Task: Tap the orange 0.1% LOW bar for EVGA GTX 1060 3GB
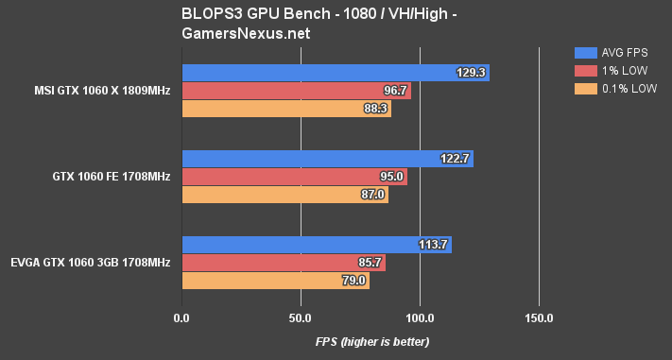tap(274, 281)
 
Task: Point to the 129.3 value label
tap(470, 73)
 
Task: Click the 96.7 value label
tap(392, 91)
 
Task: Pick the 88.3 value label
tap(372, 109)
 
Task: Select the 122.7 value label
tap(455, 159)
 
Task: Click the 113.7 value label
tap(433, 245)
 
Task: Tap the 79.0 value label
tap(351, 281)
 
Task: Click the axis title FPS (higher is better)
tap(359, 341)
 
